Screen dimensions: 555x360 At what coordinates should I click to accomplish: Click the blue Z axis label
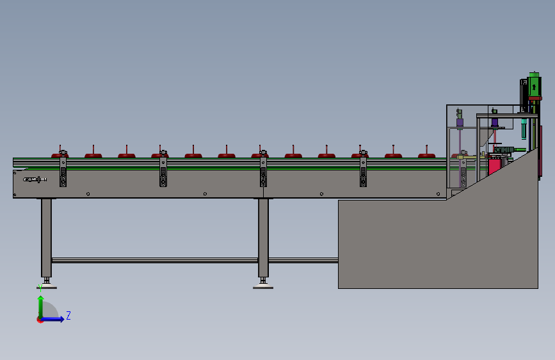[68, 315]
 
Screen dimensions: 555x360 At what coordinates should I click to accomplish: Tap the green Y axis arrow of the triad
[41, 307]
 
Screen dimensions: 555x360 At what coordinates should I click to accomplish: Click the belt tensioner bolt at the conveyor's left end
[35, 179]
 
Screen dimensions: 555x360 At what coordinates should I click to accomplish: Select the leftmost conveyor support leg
[46, 238]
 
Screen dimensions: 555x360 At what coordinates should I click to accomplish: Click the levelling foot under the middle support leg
[263, 284]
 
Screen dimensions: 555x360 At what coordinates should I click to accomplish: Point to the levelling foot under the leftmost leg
[46, 284]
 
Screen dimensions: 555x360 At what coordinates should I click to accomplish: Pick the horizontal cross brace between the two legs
[155, 261]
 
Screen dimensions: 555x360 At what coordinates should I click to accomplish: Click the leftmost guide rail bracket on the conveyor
[63, 169]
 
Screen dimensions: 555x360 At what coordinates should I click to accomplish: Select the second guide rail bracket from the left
[163, 169]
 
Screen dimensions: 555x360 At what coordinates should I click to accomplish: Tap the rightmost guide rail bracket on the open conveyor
[363, 169]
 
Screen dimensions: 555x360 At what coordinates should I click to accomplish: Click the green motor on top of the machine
[534, 85]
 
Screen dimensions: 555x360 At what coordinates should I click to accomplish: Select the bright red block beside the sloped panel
[494, 166]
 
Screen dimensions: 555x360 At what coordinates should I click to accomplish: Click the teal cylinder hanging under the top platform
[524, 128]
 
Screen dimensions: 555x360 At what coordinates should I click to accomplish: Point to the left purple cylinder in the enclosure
[460, 122]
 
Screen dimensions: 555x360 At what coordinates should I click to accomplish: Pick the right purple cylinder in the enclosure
[495, 122]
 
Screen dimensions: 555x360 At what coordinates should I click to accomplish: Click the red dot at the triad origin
[40, 320]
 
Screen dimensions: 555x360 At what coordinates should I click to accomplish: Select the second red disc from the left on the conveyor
[93, 155]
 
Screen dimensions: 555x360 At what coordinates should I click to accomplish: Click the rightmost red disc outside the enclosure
[426, 155]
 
